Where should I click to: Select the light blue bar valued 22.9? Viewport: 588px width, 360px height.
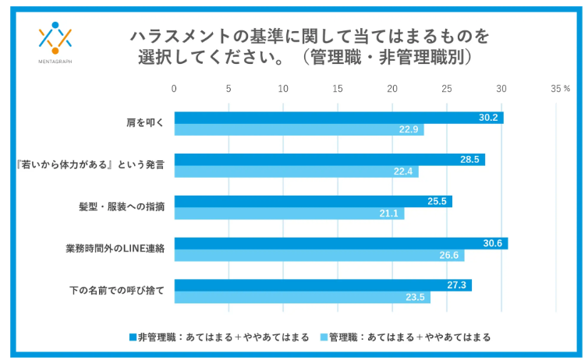[299, 130]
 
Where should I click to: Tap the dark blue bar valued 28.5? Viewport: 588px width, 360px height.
[329, 160]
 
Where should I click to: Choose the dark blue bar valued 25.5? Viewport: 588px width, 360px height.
[313, 202]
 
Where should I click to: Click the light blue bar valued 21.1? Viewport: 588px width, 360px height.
[289, 214]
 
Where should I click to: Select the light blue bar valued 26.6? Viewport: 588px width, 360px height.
[319, 256]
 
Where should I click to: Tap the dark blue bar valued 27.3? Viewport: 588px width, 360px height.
[323, 285]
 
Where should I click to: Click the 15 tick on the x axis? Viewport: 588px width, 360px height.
[338, 88]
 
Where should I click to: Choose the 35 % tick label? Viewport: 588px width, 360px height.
[561, 88]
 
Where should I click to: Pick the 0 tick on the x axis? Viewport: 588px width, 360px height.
[175, 88]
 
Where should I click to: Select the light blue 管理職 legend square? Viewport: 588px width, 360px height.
[324, 337]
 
